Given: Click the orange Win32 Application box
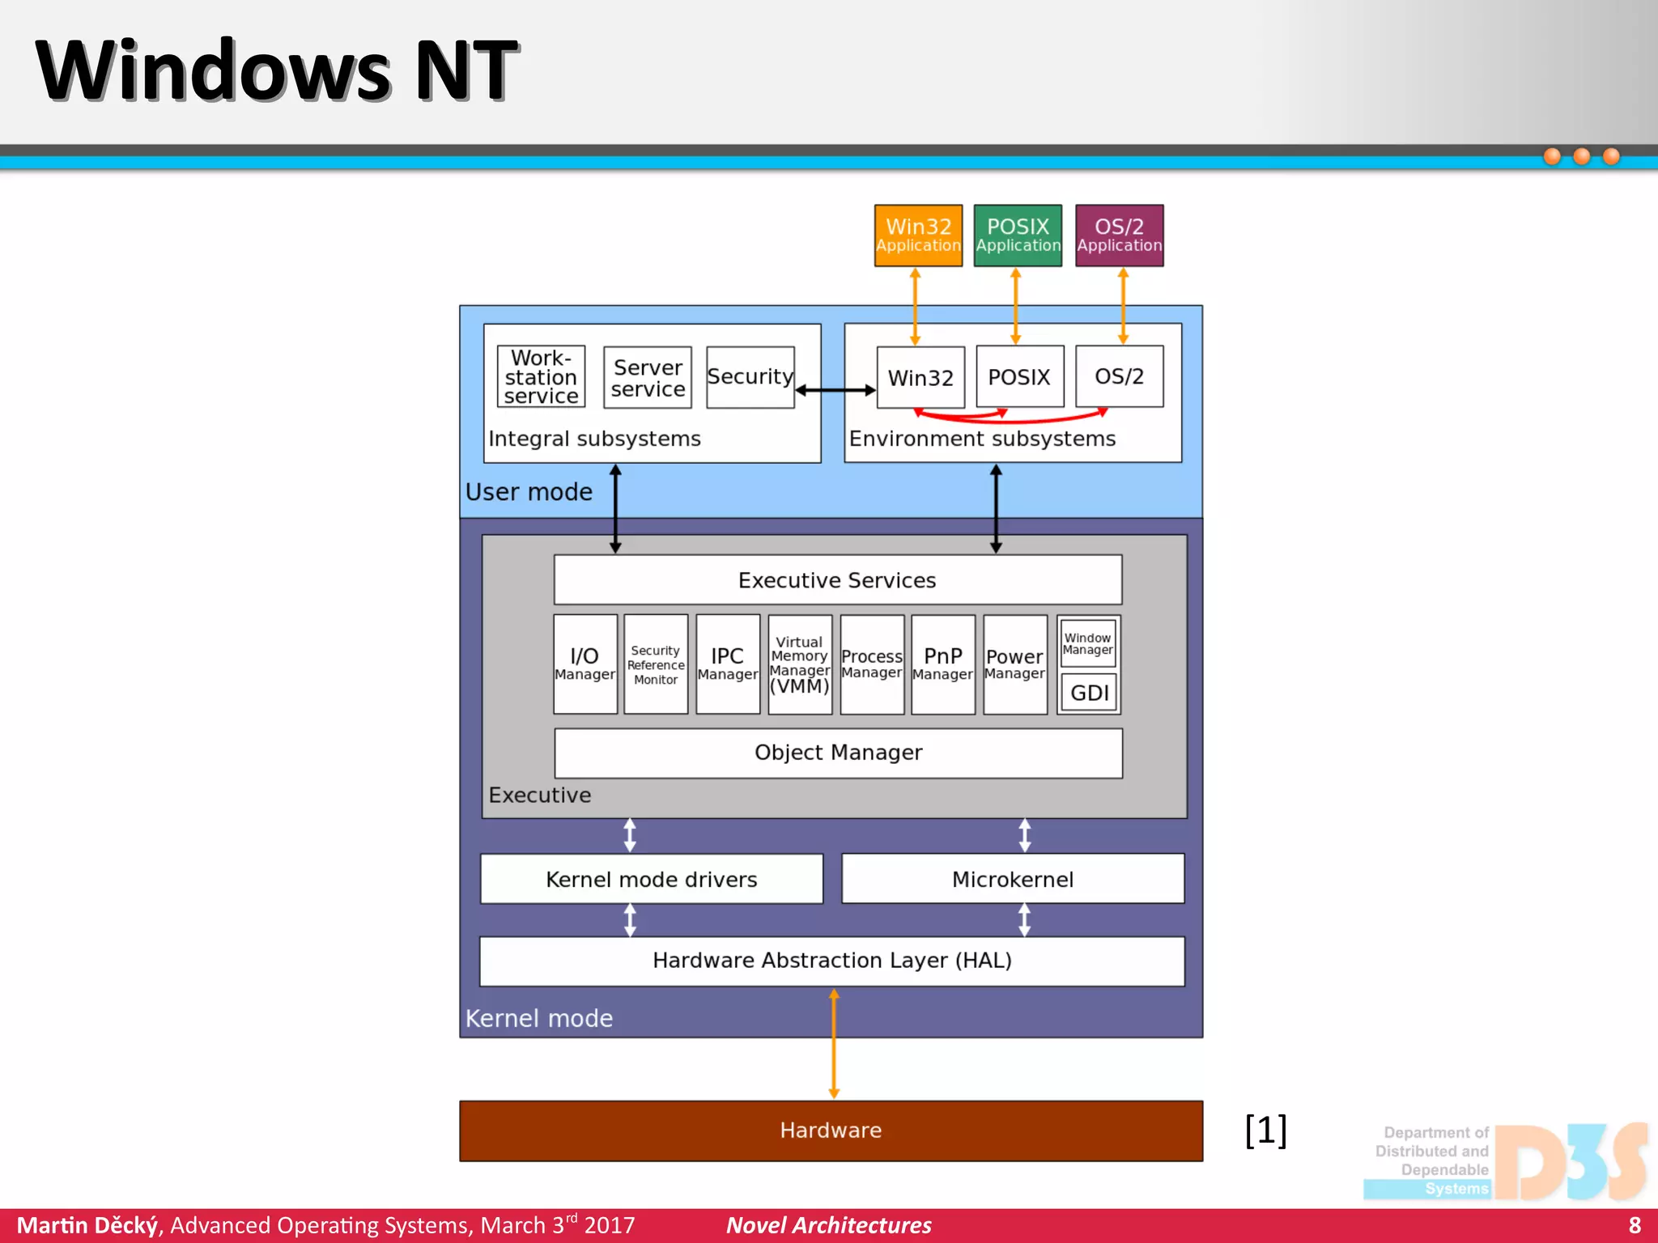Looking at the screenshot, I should point(918,235).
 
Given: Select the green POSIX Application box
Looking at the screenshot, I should point(1018,235).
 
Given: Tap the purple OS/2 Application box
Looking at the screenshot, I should point(1119,235).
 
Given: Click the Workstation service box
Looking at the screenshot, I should point(541,377).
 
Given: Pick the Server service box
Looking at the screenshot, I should point(648,377).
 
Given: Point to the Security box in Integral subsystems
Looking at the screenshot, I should point(750,377).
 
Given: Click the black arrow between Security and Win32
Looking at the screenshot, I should point(835,391).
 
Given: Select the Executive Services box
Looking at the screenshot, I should point(837,579).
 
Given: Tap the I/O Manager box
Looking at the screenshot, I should point(585,664).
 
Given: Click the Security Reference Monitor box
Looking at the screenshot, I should point(656,664).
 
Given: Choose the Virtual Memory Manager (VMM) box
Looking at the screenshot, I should point(800,664).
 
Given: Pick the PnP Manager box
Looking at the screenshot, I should point(942,664).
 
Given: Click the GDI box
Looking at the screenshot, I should point(1089,693).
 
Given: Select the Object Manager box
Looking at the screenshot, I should point(838,753).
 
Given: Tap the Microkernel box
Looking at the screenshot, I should point(1012,879).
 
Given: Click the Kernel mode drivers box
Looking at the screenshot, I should point(651,879).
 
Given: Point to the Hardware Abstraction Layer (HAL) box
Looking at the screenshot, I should point(831,961).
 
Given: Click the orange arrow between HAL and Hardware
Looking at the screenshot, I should point(834,1044).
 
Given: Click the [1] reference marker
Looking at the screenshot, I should point(1265,1130).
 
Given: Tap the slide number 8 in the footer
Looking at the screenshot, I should point(1635,1225).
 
